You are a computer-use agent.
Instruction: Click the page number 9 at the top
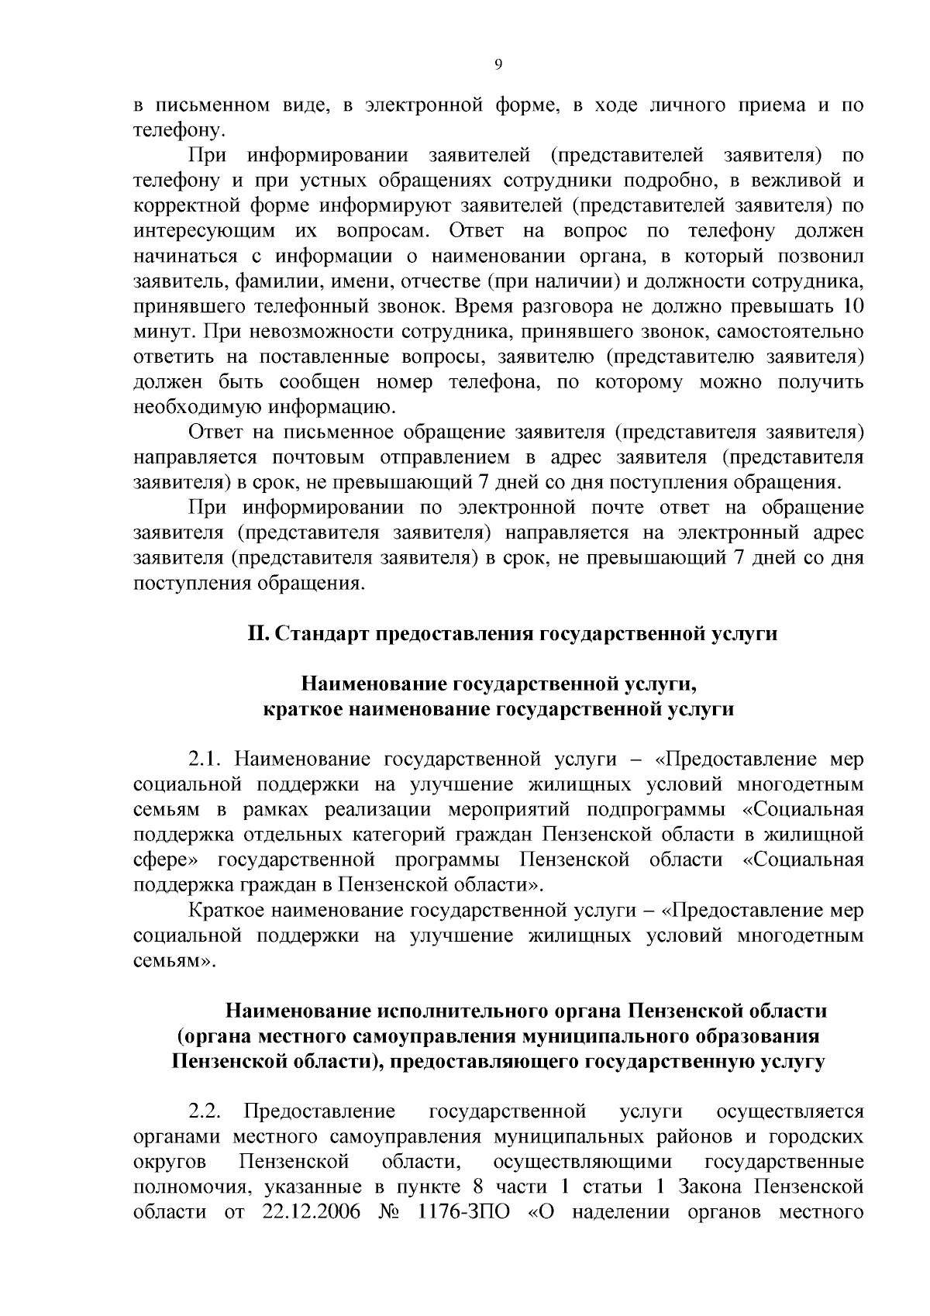498,66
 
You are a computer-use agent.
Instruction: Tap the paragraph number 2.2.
205,1111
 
